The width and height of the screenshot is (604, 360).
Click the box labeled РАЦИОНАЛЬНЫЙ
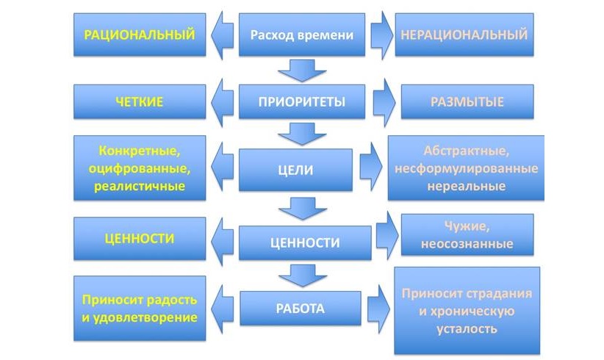[139, 34]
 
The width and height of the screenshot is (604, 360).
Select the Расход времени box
[302, 35]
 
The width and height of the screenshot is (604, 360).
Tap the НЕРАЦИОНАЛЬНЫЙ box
[463, 34]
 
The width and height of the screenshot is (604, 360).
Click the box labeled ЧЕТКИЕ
[139, 102]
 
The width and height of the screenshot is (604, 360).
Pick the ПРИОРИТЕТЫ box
[302, 101]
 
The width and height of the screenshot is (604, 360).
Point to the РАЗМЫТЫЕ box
[467, 102]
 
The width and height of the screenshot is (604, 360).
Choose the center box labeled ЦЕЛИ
[302, 170]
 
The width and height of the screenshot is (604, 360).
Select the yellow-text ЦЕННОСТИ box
[139, 238]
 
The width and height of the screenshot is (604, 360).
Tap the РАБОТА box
[302, 309]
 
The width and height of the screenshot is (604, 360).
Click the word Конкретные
[139, 151]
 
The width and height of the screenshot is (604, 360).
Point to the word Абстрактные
[466, 151]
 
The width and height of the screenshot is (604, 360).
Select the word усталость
[466, 328]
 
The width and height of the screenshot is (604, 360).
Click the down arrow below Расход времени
[302, 70]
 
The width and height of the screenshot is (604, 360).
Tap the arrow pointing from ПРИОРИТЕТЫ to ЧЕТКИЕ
[222, 101]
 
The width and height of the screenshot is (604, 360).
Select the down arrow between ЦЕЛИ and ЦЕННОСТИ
[302, 208]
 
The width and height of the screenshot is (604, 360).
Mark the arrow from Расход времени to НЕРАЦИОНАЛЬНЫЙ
[381, 35]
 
